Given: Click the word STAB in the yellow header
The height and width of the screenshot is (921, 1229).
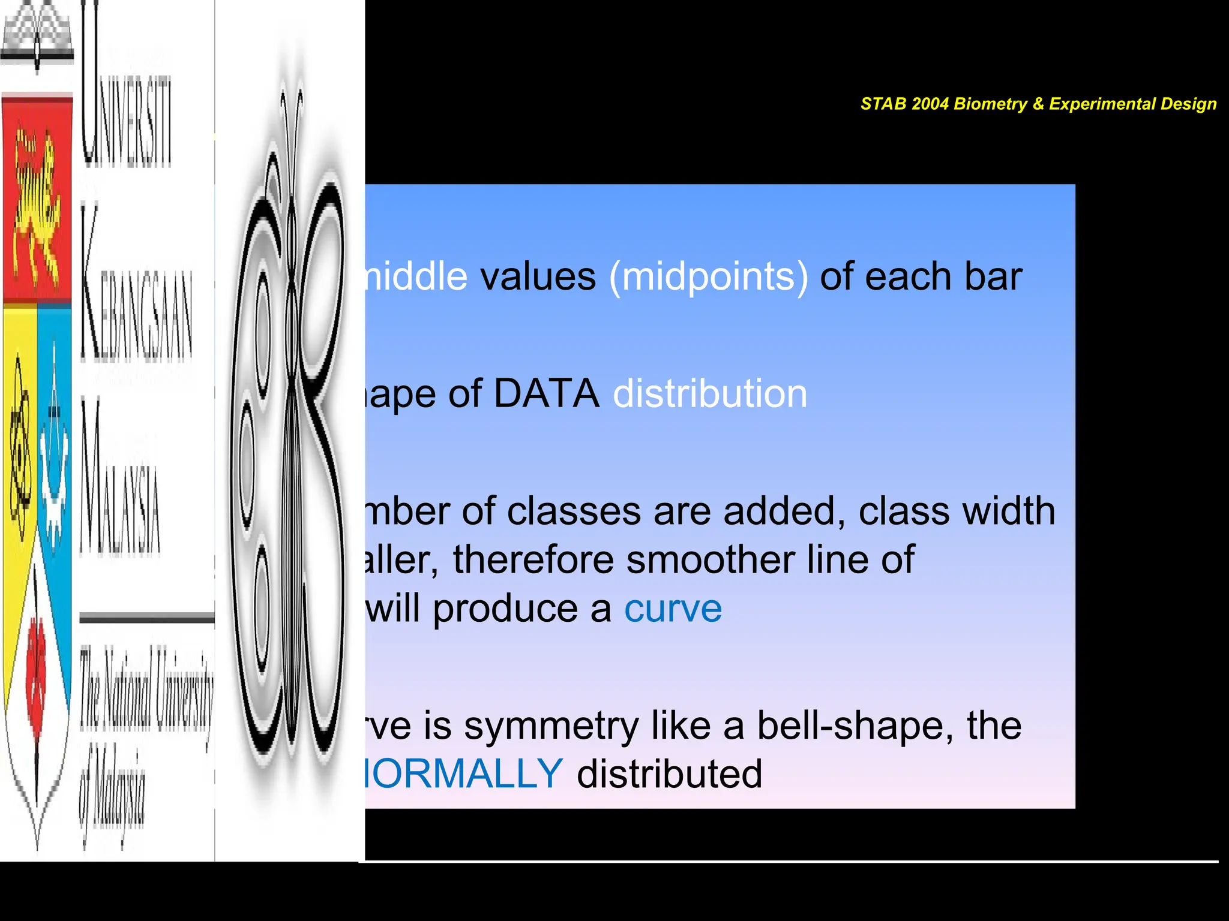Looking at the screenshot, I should [x=883, y=104].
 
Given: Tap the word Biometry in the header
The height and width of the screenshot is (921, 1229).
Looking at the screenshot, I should [x=990, y=104].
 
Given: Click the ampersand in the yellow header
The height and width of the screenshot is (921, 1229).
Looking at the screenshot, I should [x=1038, y=104].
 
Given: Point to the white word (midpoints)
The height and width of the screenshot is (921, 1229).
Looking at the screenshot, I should [x=709, y=278].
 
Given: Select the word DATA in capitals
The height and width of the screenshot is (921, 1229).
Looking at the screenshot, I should [x=546, y=395].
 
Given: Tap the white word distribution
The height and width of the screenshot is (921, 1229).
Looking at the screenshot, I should [x=710, y=395].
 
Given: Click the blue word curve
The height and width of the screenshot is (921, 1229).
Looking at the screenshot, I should [x=673, y=609].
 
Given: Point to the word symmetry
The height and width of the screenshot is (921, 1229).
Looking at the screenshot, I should [x=551, y=726].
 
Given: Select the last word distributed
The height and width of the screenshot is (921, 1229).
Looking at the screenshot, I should [x=669, y=774].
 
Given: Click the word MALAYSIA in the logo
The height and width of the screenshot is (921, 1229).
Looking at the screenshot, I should [x=120, y=480].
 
